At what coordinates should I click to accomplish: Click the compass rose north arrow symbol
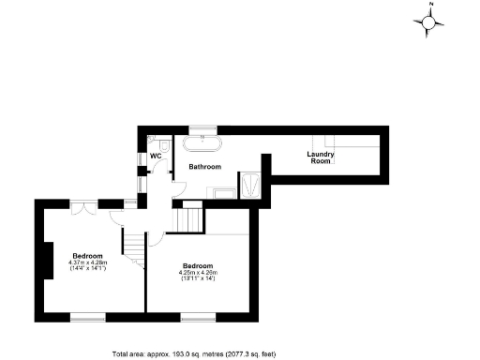[x=430, y=23]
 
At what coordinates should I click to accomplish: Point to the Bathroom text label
[x=204, y=167]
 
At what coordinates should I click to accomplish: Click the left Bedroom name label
[x=88, y=254]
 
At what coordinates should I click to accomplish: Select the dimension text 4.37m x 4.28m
[x=89, y=262]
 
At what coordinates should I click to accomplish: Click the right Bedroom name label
[x=198, y=265]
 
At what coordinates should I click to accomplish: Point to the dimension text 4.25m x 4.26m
[x=198, y=273]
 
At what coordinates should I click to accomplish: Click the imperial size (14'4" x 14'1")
[x=89, y=269]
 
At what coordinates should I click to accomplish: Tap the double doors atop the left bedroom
[x=85, y=203]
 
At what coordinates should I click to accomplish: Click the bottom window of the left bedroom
[x=89, y=317]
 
